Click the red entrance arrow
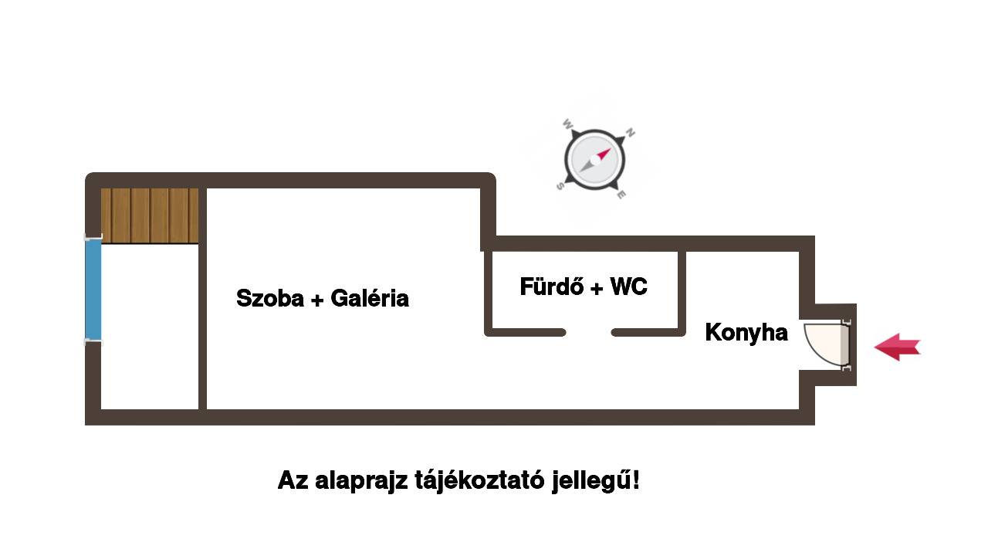pos(897,347)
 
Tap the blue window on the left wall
pos(93,290)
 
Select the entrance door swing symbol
pos(826,345)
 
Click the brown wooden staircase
pos(150,215)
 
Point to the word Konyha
pos(746,332)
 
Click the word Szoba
pos(270,298)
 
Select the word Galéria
pos(370,298)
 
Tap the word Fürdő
pos(552,286)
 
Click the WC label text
pos(628,286)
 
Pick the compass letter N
pos(631,132)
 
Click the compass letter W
pos(567,124)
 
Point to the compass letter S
pos(560,186)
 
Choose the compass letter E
pos(621,195)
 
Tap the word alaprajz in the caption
pos(361,481)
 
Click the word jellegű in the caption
pos(591,480)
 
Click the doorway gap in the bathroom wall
pos(588,333)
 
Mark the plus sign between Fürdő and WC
pos(597,289)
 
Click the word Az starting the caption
pos(293,480)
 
